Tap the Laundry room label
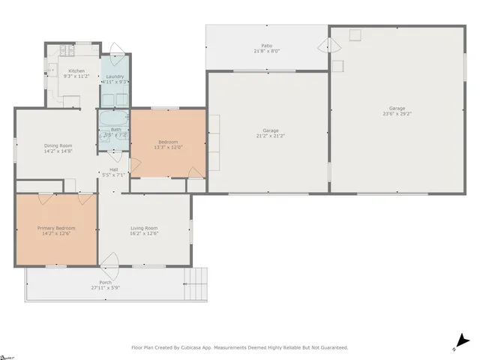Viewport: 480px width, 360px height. point(115,76)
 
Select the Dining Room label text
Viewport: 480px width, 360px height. point(58,145)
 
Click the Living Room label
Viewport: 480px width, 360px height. point(144,227)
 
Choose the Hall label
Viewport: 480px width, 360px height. point(113,169)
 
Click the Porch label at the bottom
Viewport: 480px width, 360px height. point(106,282)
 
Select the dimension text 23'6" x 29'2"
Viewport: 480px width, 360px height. point(396,114)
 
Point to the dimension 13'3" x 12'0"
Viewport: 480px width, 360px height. point(168,147)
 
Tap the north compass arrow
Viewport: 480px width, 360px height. point(462,341)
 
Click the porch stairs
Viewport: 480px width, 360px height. point(195,283)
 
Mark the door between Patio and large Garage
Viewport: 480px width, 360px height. point(324,46)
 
